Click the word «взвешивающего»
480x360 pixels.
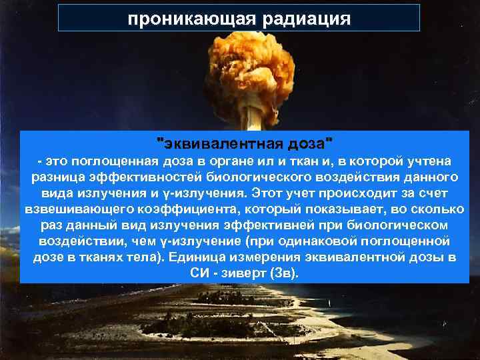74,209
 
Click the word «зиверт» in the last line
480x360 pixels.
241,273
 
